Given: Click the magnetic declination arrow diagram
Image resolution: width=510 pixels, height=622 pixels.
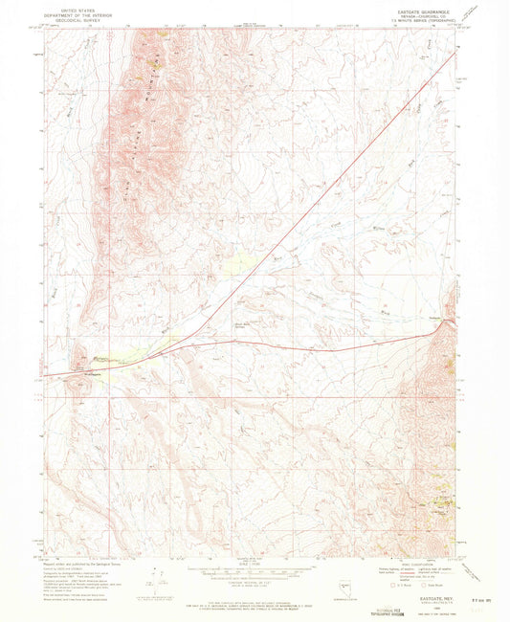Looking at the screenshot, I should click(x=154, y=577).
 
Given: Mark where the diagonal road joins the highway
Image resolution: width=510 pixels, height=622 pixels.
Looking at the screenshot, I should click(x=190, y=338).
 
